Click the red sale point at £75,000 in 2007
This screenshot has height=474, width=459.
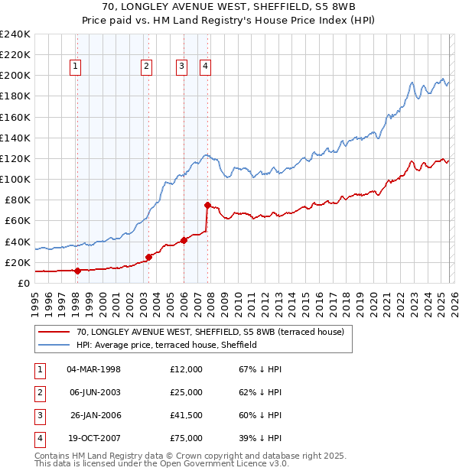pyautogui.click(x=207, y=205)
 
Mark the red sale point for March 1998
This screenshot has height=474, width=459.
pyautogui.click(x=77, y=270)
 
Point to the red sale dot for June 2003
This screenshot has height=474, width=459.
pyautogui.click(x=148, y=257)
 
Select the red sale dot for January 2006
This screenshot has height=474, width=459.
pyautogui.click(x=184, y=240)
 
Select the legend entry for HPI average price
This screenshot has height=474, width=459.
pyautogui.click(x=167, y=345)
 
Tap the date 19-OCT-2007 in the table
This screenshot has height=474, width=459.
pyautogui.click(x=93, y=438)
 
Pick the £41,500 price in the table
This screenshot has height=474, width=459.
pyautogui.click(x=186, y=415)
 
